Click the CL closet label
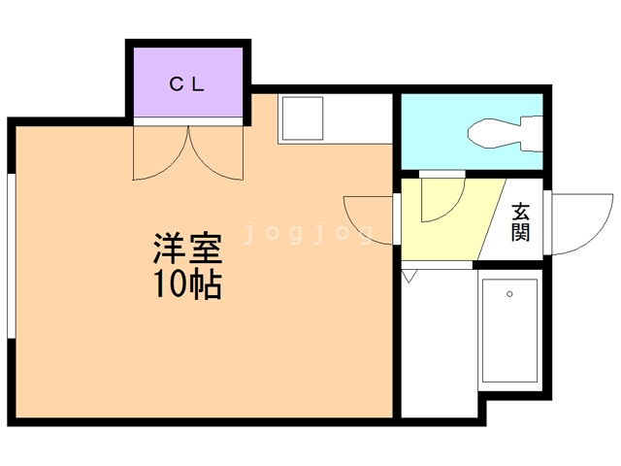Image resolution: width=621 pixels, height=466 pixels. pyautogui.click(x=186, y=84)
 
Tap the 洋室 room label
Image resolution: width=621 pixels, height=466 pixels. pyautogui.click(x=187, y=249)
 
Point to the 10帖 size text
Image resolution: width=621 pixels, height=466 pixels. pyautogui.click(x=187, y=284)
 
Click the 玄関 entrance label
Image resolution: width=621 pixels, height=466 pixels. pyautogui.click(x=520, y=222)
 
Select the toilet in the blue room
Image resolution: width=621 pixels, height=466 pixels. pyautogui.click(x=505, y=134)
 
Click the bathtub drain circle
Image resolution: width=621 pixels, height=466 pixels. pyautogui.click(x=509, y=294)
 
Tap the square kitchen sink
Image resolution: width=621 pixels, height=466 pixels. pyautogui.click(x=303, y=118)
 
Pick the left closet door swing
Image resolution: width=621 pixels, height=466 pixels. pyautogui.click(x=160, y=153)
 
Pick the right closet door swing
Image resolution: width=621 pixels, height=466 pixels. pyautogui.click(x=215, y=153)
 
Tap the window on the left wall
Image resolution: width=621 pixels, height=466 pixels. pyautogui.click(x=12, y=256)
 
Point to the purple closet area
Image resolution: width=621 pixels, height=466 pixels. pyautogui.click(x=188, y=82)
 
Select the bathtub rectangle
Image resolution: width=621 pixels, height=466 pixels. pyautogui.click(x=509, y=330)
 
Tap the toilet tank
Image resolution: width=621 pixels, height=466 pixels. pyautogui.click(x=532, y=134)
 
